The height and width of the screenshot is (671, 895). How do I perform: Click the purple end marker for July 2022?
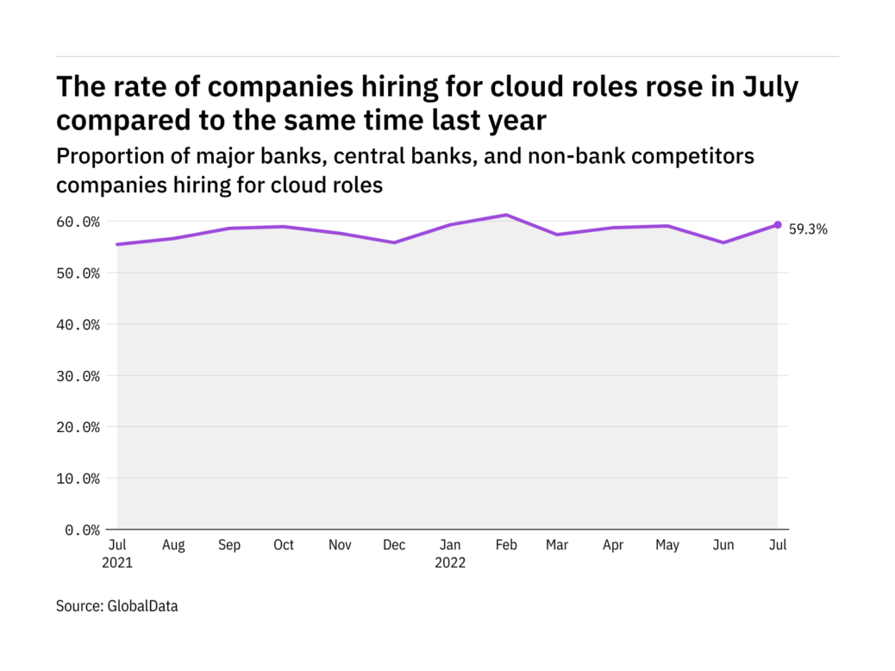click(777, 225)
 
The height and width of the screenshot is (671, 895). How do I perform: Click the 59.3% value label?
click(808, 229)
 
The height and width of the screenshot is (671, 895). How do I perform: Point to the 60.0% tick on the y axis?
click(78, 222)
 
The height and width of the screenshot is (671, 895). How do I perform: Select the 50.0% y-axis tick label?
click(78, 273)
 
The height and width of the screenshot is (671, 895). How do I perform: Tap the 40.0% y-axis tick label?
click(78, 324)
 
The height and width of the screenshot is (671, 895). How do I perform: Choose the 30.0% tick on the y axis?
click(78, 376)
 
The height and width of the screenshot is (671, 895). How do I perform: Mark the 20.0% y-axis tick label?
click(78, 427)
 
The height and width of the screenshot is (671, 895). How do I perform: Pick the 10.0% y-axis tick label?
click(78, 478)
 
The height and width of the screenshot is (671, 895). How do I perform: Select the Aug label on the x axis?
click(173, 545)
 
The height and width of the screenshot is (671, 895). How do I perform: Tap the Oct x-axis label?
click(284, 545)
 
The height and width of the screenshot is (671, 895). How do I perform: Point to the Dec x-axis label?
click(394, 545)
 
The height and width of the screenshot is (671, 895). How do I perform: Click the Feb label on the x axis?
click(506, 545)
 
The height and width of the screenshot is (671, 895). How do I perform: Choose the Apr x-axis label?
click(612, 545)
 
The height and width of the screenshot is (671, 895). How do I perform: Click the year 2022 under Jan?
click(450, 563)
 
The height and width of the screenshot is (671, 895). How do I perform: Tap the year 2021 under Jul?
click(117, 563)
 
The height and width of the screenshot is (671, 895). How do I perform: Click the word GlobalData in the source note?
click(142, 606)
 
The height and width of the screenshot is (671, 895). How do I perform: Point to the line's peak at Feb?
click(506, 215)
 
